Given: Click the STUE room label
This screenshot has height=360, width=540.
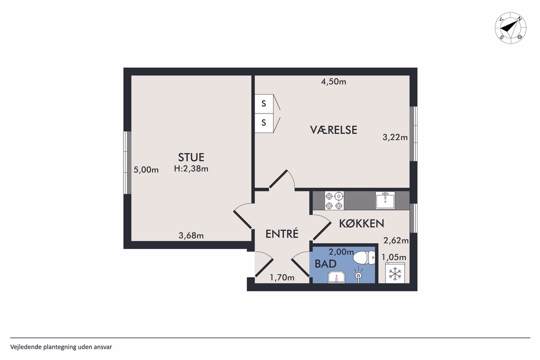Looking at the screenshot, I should (x=191, y=157).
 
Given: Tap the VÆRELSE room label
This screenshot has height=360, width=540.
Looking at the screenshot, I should (x=333, y=130).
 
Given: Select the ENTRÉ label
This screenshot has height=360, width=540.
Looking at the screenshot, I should (x=281, y=233).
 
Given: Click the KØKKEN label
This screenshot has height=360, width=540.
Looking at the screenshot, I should (x=361, y=223).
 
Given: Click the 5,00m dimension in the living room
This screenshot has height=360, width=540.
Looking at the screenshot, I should (x=146, y=170).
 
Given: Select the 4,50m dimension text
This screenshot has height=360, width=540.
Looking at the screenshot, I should (x=333, y=82).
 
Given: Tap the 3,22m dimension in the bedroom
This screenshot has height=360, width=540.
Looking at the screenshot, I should (x=395, y=137).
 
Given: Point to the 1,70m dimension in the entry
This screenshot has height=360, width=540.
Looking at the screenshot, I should (x=282, y=277).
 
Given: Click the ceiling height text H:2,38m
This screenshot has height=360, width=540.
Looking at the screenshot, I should (x=191, y=169).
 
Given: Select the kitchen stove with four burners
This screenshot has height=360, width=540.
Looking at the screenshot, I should (x=334, y=200).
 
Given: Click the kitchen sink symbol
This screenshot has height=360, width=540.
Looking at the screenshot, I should (x=385, y=200).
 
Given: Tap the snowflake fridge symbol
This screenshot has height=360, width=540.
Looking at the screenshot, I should (x=395, y=274).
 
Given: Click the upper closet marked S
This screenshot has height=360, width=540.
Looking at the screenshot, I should (x=263, y=104).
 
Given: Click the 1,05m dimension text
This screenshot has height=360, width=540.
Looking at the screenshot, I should (x=394, y=257).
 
